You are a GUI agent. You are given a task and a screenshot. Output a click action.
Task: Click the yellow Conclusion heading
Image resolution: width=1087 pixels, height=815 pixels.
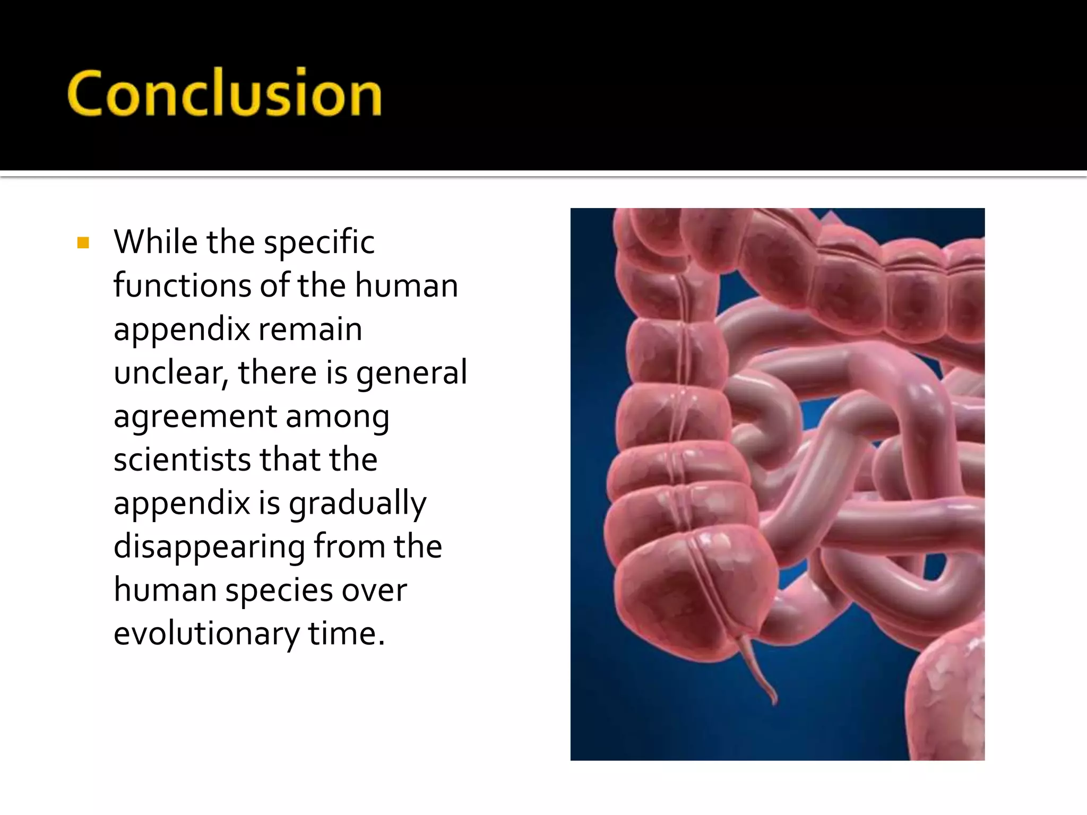pos(224,93)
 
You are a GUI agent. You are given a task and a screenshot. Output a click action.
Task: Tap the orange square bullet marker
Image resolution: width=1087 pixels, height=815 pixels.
pos(83,243)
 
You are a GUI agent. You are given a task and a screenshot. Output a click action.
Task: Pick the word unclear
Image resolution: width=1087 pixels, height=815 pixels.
pos(170,372)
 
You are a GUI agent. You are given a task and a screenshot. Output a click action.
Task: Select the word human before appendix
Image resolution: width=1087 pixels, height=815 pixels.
pos(406,285)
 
